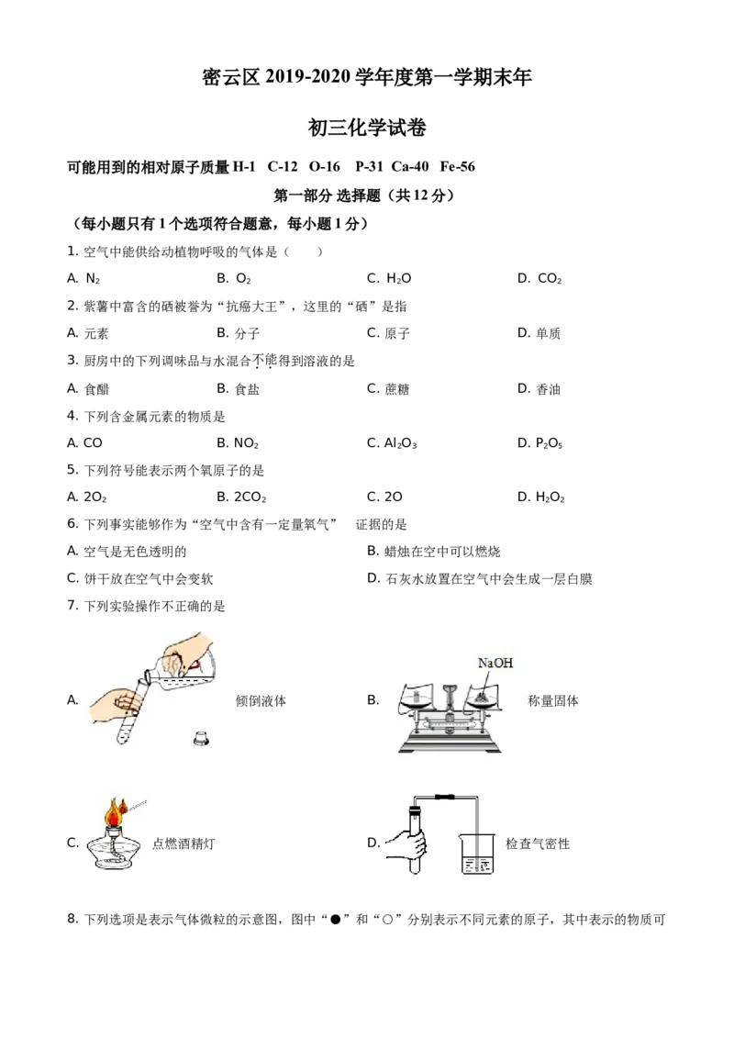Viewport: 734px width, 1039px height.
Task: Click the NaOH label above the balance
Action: coord(495,663)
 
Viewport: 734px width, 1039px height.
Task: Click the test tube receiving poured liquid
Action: coord(128,712)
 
